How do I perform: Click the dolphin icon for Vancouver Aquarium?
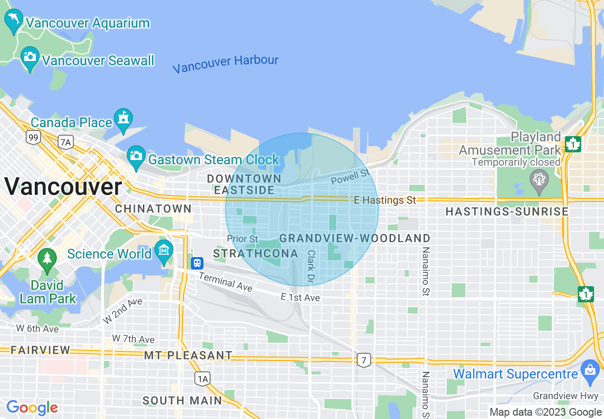click(x=13, y=20)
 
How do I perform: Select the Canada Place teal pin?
click(x=123, y=119)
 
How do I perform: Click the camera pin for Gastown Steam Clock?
click(x=136, y=156)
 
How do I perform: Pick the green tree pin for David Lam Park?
click(x=47, y=259)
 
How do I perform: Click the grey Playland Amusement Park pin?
click(x=539, y=180)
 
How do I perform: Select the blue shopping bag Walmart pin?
click(x=590, y=370)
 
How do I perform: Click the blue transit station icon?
click(x=197, y=263)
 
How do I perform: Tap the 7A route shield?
click(x=65, y=141)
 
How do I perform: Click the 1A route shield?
click(x=202, y=379)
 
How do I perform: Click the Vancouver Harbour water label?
click(x=225, y=64)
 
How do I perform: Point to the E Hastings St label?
click(x=385, y=200)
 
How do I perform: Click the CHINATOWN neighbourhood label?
click(x=153, y=209)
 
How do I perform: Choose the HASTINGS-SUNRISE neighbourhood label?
click(x=507, y=211)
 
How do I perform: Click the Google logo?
click(x=32, y=408)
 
